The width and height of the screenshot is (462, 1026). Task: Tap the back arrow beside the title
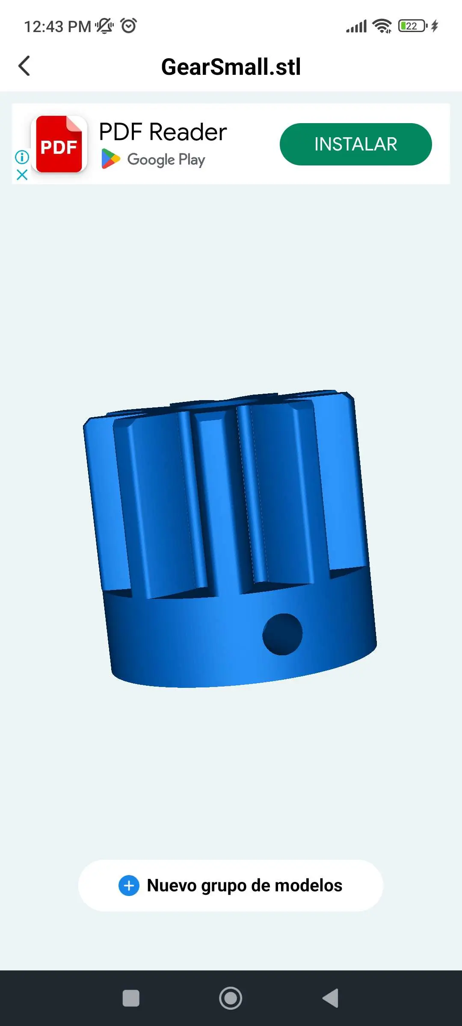click(24, 66)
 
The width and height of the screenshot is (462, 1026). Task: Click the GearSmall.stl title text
click(231, 67)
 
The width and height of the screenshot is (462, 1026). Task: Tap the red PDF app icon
click(59, 144)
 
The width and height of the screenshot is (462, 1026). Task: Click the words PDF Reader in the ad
click(163, 132)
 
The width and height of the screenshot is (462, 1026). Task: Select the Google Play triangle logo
click(110, 159)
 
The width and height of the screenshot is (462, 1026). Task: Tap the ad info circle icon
click(22, 157)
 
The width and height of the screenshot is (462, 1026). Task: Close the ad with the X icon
click(22, 174)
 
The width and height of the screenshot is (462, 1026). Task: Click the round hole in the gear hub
click(282, 634)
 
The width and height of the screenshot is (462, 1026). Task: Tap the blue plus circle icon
click(129, 885)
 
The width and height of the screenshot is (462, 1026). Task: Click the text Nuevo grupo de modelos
click(245, 885)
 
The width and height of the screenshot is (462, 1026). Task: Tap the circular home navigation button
click(231, 998)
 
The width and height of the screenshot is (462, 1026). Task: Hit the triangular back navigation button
click(331, 998)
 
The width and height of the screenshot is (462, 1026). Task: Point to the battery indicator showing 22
click(412, 26)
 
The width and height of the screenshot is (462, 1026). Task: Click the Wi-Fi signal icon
click(382, 26)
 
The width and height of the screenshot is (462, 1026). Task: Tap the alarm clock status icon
click(129, 26)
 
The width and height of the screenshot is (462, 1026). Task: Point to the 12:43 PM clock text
click(57, 27)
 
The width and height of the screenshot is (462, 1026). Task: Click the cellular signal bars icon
click(356, 27)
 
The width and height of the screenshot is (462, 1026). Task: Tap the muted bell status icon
click(104, 26)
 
